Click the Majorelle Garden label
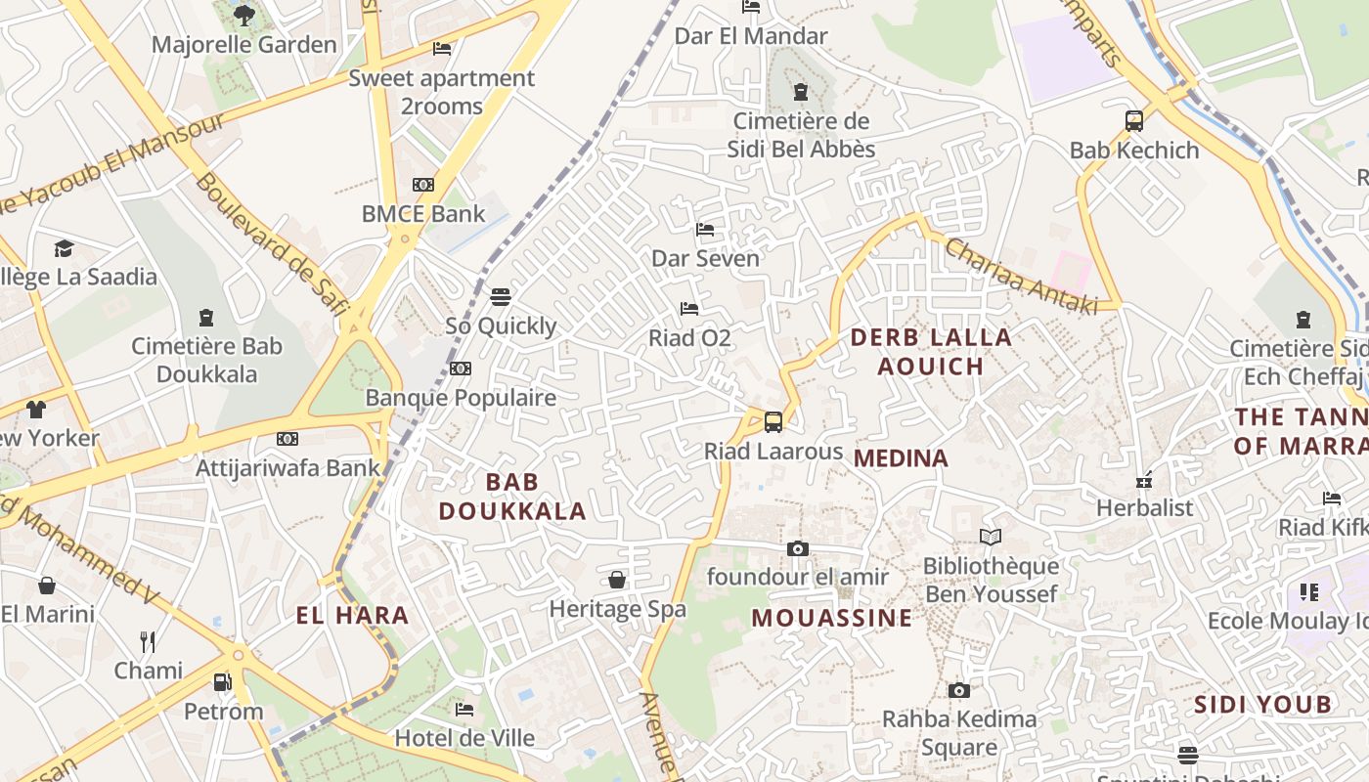tap(244, 45)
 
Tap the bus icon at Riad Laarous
tap(773, 422)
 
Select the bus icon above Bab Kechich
tap(1134, 121)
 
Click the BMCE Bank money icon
tap(423, 185)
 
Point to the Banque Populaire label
tap(461, 398)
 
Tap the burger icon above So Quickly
tap(501, 296)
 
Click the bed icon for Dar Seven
tap(705, 231)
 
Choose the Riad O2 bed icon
tap(689, 309)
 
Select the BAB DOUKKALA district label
tap(512, 496)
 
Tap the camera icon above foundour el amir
tap(798, 548)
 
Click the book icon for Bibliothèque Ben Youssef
tap(991, 537)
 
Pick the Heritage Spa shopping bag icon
tap(617, 580)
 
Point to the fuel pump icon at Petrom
tap(223, 681)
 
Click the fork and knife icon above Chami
tap(148, 641)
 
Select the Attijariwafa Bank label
tap(287, 468)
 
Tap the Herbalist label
tap(1145, 508)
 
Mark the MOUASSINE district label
tap(832, 618)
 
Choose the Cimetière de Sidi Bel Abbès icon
tap(801, 92)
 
